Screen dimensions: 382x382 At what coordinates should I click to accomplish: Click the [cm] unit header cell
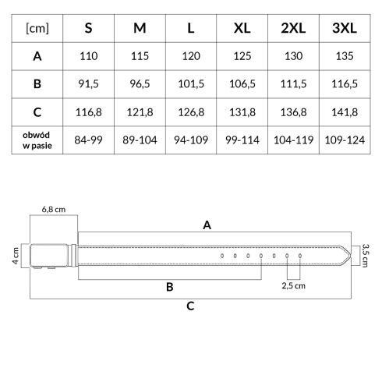pos(37,28)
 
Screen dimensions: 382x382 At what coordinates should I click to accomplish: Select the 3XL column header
pos(345,28)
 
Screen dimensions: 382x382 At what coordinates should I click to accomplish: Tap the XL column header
pos(242,28)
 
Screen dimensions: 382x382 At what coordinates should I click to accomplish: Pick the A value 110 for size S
pos(89,56)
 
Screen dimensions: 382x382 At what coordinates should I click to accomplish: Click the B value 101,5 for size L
pos(191,84)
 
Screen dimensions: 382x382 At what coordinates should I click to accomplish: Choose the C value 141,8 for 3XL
pos(345,112)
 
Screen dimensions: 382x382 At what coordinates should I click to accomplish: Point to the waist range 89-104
pos(140,140)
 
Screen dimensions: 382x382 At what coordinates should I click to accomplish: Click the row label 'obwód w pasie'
pos(37,140)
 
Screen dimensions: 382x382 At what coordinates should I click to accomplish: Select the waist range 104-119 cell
pos(293,140)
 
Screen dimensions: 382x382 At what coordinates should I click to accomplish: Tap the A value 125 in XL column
pos(242,56)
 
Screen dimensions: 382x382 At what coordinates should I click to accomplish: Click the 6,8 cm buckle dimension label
pos(54,210)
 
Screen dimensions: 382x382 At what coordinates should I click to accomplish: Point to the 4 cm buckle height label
pos(16,256)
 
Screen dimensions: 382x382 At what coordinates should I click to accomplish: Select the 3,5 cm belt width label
pos(366,256)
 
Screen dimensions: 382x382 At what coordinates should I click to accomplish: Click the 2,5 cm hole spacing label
pos(293,286)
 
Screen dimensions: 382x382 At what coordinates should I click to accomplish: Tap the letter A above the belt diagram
pos(207,225)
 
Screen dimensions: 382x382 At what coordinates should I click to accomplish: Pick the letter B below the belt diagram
pos(170,287)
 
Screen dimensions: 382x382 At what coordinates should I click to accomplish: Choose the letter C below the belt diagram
pos(190,306)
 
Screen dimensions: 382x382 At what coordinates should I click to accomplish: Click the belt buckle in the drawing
pos(53,256)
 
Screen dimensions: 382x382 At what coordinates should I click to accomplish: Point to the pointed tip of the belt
pos(351,256)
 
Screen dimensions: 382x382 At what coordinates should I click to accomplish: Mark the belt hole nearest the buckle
pos(222,256)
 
